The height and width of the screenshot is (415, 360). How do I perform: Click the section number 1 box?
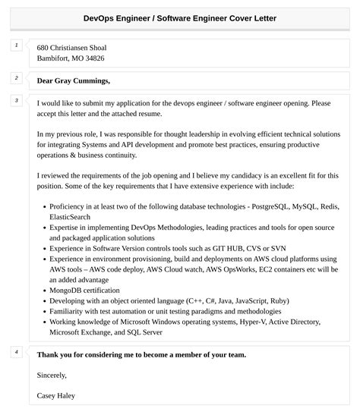(x=15, y=46)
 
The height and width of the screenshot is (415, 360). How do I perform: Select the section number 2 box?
(x=15, y=77)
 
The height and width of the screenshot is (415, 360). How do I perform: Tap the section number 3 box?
(x=15, y=100)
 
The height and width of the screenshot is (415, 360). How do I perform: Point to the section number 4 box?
(x=15, y=352)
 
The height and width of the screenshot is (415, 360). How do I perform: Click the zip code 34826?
(x=91, y=58)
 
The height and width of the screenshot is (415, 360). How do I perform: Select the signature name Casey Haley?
(x=56, y=395)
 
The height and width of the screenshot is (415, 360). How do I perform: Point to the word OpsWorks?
(x=230, y=269)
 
